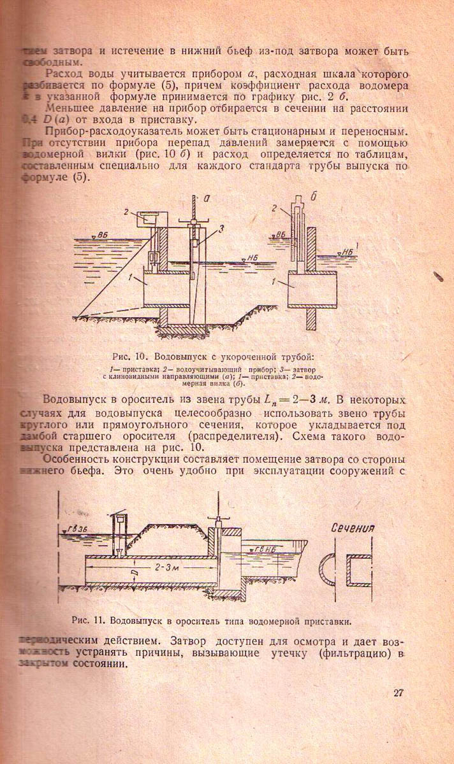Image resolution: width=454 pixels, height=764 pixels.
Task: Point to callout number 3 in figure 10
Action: pos(221,230)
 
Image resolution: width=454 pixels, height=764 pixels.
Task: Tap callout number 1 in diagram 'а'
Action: pos(130,278)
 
